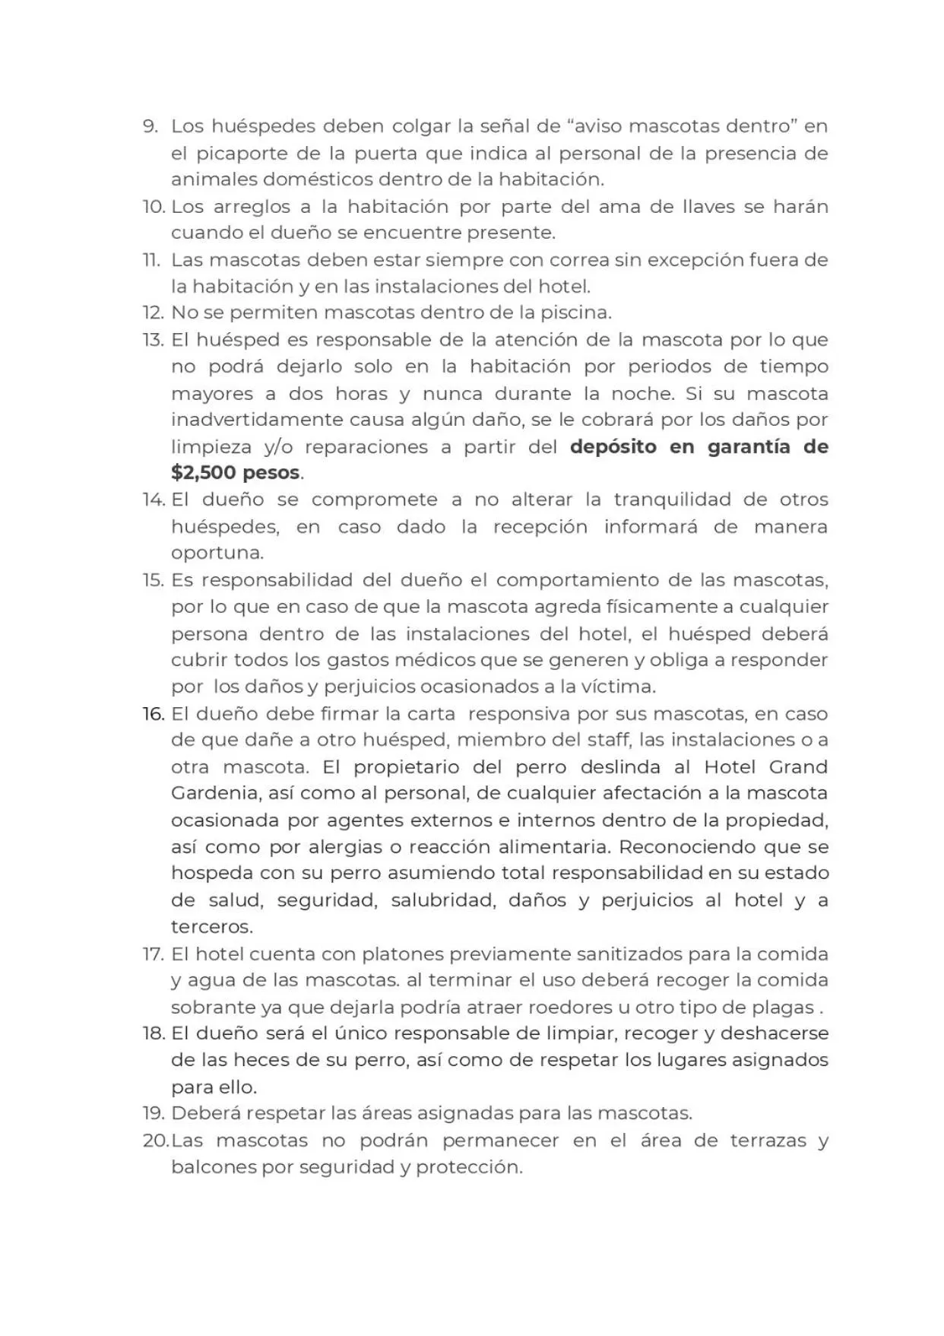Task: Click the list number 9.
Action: tap(150, 126)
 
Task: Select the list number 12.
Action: tap(153, 313)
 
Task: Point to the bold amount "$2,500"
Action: tap(204, 472)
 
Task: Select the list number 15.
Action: tap(153, 580)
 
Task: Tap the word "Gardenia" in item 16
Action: tap(215, 793)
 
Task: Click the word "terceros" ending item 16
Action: tap(211, 927)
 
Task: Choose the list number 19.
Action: tap(153, 1113)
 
